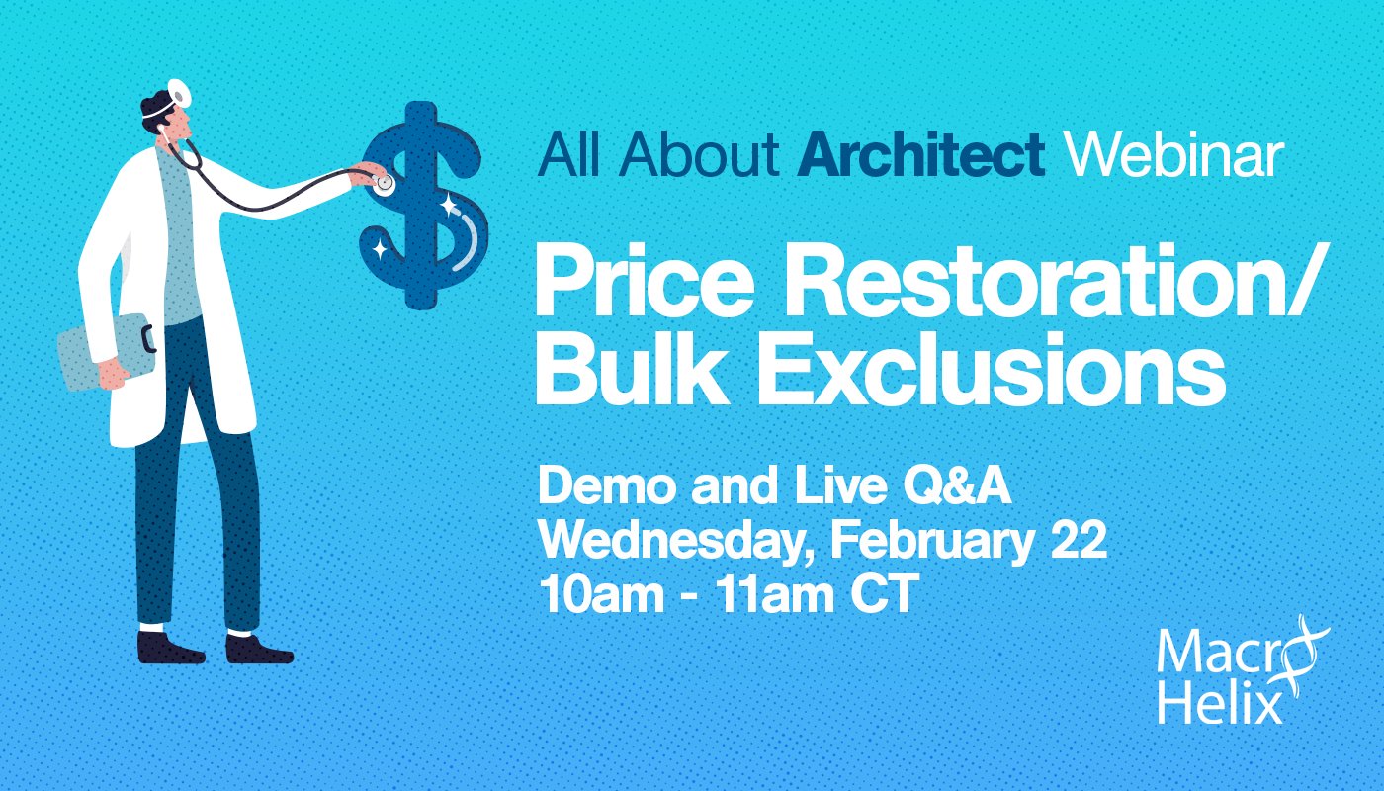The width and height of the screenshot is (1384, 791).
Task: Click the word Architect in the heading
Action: coord(920,153)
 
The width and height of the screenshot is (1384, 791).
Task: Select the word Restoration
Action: coord(1046,280)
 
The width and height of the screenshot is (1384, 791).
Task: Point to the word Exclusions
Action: coord(992,369)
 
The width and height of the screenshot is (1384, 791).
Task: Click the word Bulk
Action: coord(632,369)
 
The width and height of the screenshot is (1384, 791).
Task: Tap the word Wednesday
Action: coord(675,542)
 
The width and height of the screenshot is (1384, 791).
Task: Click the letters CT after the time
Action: coord(885,593)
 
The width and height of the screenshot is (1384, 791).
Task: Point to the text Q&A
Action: coord(957,486)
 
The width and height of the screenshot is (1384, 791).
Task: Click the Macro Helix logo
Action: coord(1235,670)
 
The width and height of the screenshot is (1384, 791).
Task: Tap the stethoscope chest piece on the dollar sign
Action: coord(384,184)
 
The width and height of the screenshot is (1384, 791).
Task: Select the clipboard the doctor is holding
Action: coord(105,352)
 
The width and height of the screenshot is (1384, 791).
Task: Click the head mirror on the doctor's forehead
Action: coord(179,92)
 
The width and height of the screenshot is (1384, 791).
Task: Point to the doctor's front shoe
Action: coord(258,649)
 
